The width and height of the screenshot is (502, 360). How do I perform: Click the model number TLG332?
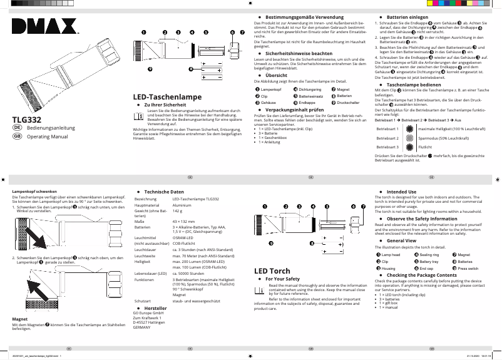[28, 118]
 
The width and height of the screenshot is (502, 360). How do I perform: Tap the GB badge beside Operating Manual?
[18, 136]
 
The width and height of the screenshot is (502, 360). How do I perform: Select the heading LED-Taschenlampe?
[166, 97]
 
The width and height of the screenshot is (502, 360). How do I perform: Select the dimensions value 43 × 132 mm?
[186, 222]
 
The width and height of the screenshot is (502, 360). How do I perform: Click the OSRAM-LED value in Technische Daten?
[183, 238]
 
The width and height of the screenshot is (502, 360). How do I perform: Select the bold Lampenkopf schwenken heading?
[35, 191]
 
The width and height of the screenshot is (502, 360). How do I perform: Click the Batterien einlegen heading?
[407, 16]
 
